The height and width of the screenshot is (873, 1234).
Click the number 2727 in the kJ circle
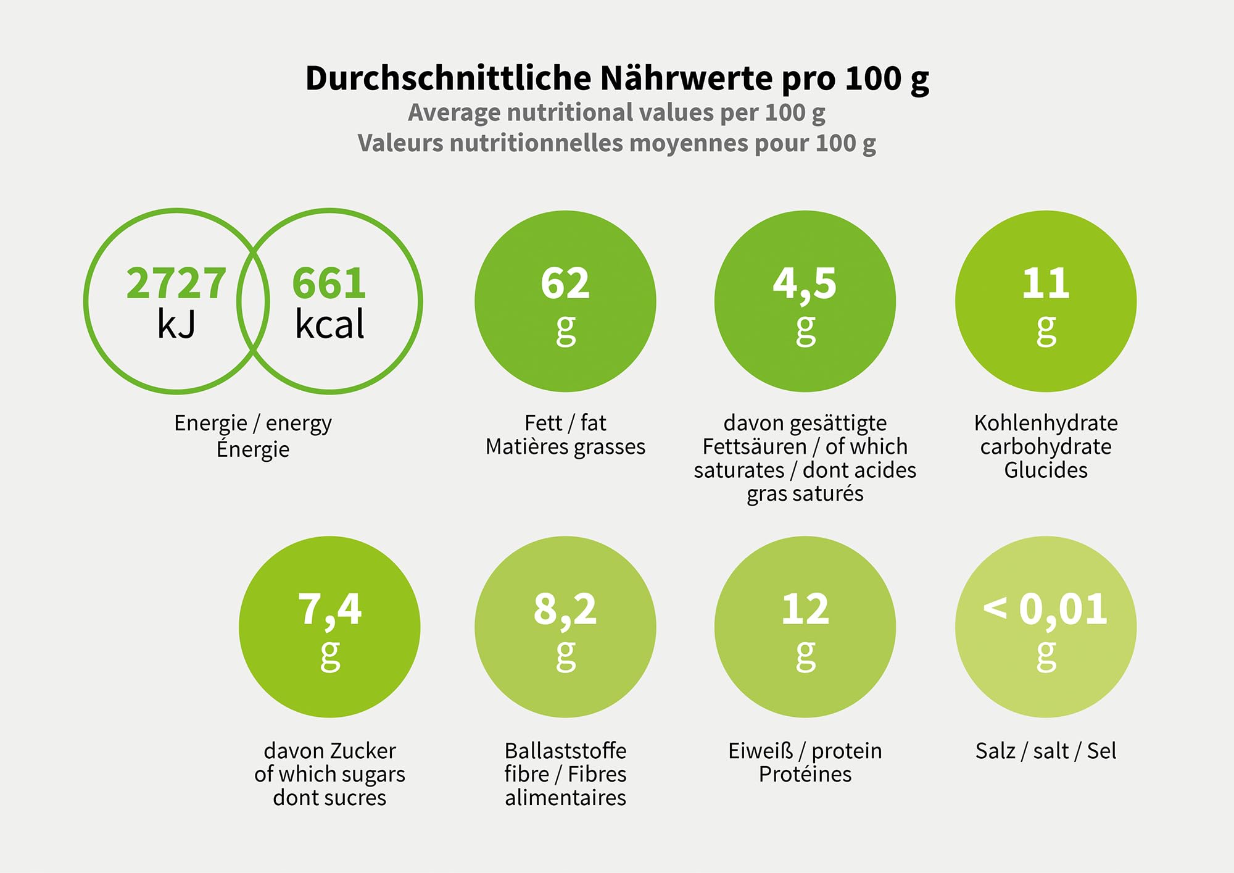point(176,283)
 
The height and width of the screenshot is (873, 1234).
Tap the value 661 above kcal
point(329,283)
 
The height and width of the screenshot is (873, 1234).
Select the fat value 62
point(565,283)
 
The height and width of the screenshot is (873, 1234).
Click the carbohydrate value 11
point(1045,283)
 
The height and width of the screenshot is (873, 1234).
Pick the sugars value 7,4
point(329,610)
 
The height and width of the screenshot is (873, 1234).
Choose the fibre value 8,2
point(565,610)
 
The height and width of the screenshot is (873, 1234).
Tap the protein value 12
point(805,609)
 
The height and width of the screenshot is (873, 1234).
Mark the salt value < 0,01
point(1045,609)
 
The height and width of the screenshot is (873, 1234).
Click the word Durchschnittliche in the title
point(449,79)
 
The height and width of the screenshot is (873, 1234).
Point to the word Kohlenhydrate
point(1046,423)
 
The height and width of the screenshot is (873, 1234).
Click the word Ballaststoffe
point(565,751)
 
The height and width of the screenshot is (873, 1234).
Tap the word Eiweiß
point(760,751)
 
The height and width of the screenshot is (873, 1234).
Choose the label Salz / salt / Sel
point(1046,751)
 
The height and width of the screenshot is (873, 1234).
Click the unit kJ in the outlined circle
point(176,324)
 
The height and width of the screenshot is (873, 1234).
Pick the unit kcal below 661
point(329,324)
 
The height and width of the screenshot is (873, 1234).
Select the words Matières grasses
point(565,446)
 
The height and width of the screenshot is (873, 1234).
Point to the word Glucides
point(1046,470)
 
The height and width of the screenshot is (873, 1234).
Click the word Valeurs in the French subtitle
point(400,143)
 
